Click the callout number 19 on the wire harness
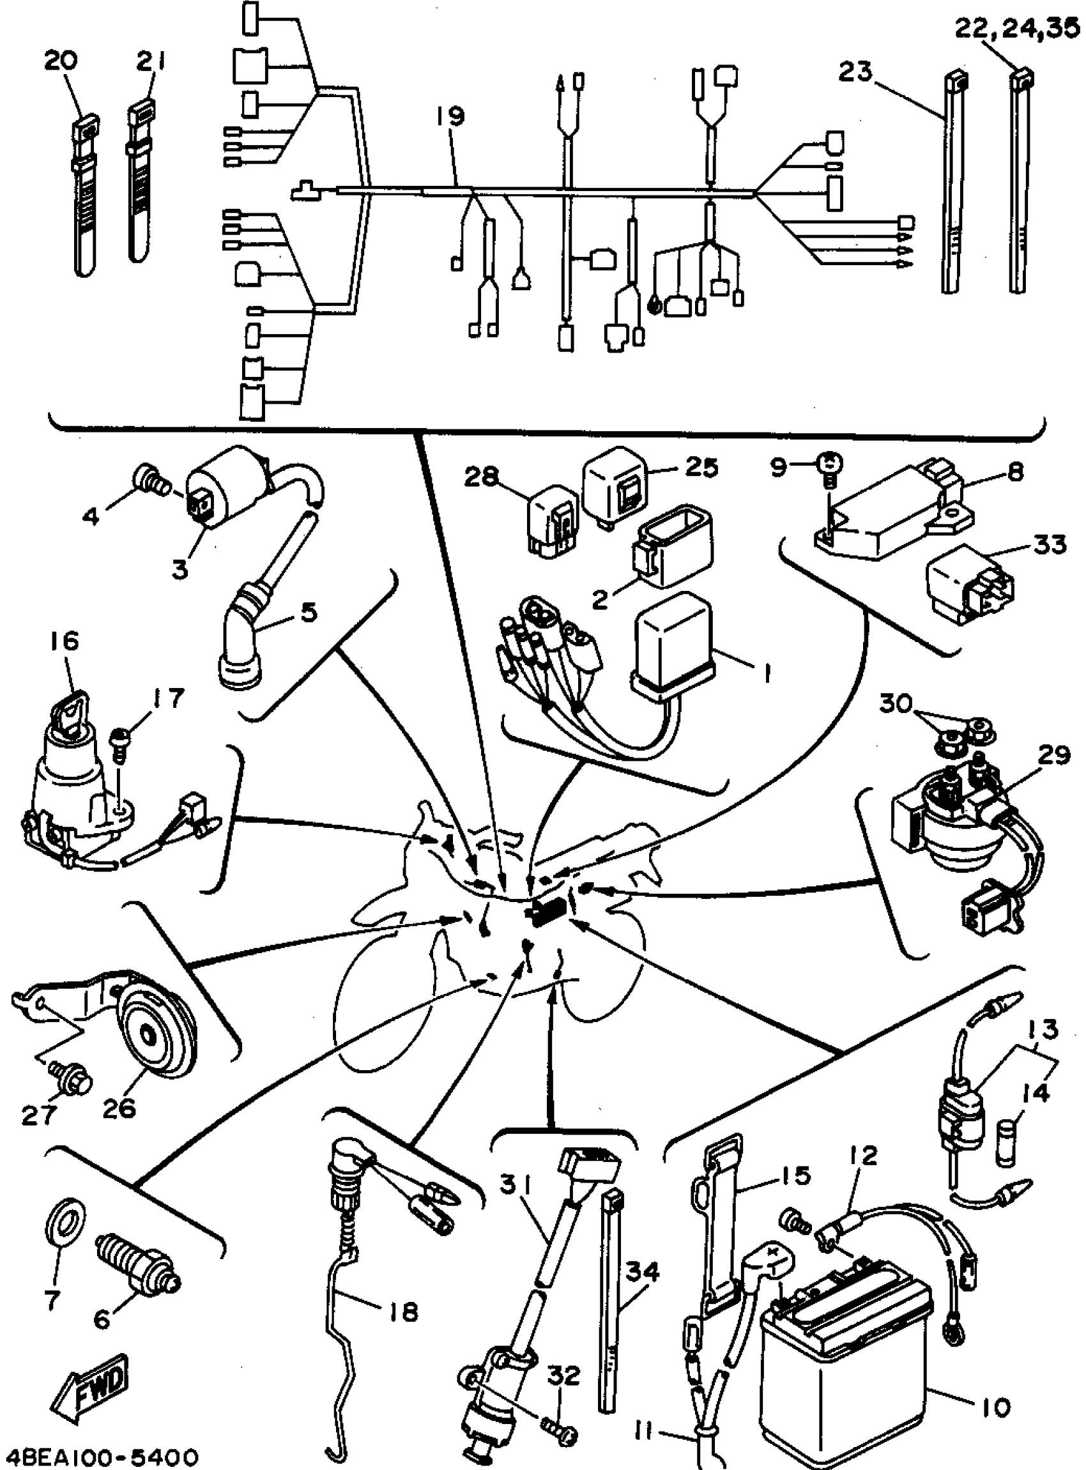point(452,116)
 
